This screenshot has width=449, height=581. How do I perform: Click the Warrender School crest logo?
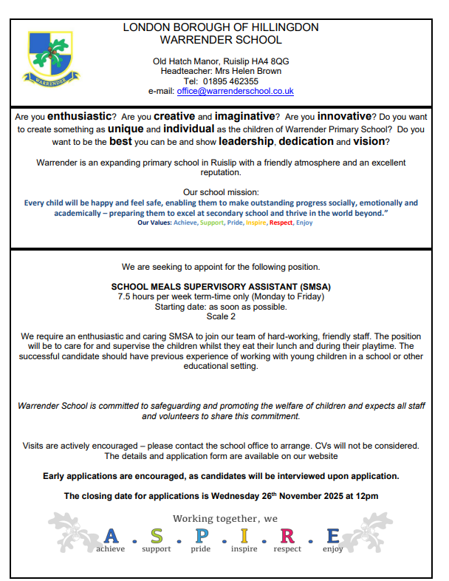tap(50, 57)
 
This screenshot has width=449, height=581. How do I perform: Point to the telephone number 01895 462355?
tap(231, 81)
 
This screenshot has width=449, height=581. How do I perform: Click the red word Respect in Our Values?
tap(281, 222)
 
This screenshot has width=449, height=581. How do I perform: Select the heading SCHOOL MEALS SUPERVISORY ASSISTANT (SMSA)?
tap(221, 286)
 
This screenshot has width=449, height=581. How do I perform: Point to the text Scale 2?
tap(221, 316)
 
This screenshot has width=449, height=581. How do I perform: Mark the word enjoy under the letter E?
tap(332, 549)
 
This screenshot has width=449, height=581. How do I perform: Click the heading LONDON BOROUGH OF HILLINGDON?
tap(221, 27)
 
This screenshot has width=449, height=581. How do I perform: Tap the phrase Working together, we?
tap(225, 518)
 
